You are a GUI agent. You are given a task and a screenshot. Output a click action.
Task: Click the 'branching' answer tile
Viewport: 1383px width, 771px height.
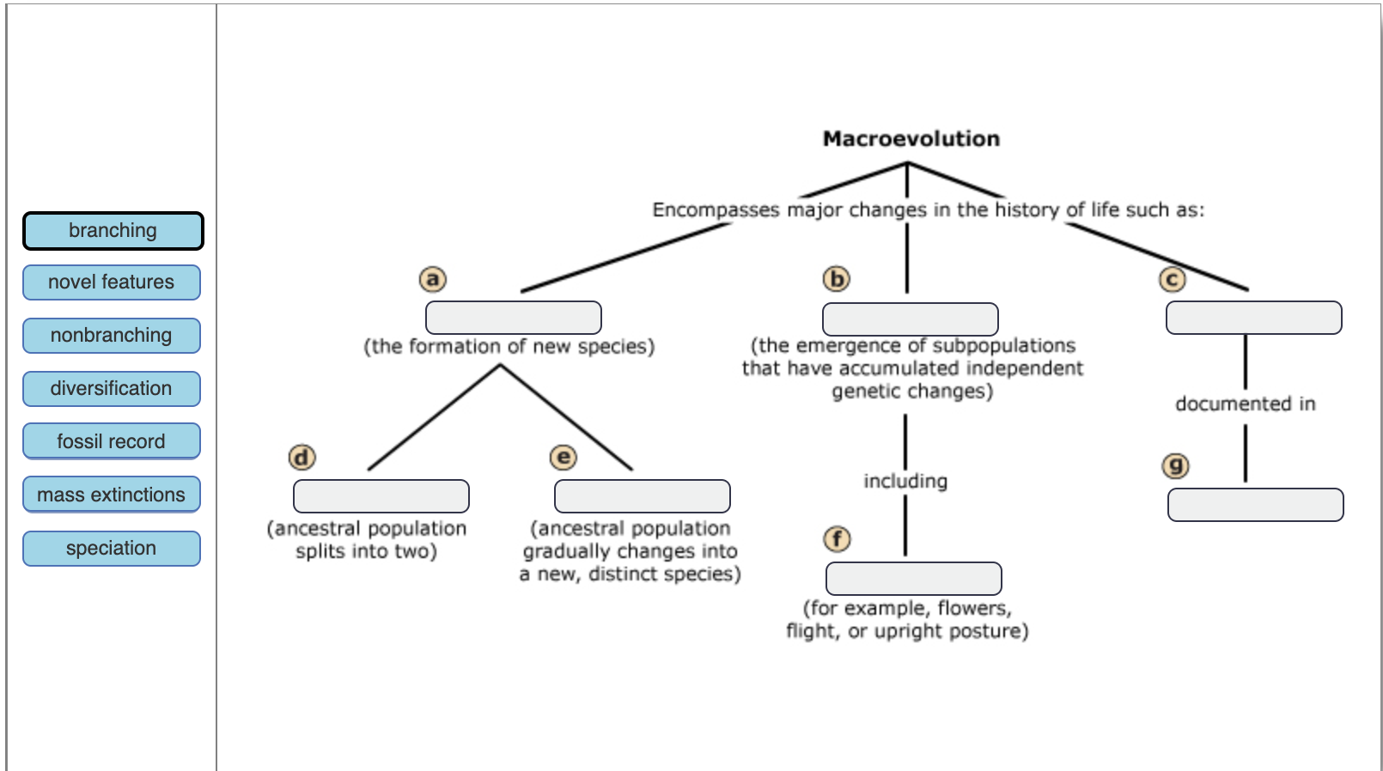(x=113, y=231)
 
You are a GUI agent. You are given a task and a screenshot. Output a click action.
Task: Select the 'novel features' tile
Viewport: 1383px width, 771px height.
(x=112, y=282)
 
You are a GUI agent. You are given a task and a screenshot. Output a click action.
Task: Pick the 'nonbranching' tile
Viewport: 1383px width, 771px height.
(x=112, y=336)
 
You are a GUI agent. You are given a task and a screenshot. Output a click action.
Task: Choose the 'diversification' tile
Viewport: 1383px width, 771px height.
(x=112, y=389)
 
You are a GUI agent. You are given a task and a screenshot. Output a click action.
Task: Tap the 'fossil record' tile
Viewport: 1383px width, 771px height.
(x=112, y=441)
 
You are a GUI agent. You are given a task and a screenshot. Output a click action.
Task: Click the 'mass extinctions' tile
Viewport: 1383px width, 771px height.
(x=112, y=495)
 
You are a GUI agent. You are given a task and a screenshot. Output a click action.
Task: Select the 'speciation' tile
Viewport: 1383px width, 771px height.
(x=112, y=549)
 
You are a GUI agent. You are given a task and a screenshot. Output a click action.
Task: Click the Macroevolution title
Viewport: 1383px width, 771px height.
(x=911, y=139)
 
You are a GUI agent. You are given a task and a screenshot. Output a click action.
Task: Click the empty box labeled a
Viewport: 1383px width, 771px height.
(x=514, y=318)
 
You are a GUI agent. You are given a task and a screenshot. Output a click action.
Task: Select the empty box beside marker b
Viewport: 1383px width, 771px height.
(x=911, y=319)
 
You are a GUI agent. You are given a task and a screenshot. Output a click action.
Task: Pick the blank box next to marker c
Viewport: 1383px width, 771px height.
(x=1253, y=318)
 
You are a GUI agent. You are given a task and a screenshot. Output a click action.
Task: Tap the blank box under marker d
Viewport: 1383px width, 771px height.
(x=381, y=496)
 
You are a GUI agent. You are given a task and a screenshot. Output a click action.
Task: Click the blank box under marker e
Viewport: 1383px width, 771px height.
(x=643, y=496)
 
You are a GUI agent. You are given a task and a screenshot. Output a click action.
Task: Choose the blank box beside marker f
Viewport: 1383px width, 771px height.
(x=914, y=579)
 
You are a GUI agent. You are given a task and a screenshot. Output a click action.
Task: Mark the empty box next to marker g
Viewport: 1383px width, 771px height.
(x=1255, y=505)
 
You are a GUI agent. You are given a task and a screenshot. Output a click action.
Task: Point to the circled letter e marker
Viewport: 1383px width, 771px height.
(x=563, y=458)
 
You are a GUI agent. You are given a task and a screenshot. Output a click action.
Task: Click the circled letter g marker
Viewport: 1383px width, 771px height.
(x=1175, y=466)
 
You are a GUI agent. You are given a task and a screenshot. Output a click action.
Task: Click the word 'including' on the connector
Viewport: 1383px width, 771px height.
(x=905, y=482)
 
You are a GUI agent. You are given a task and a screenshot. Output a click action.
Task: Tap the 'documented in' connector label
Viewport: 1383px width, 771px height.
(x=1245, y=404)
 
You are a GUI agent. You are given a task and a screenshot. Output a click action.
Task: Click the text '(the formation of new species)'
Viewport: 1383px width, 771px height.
(x=509, y=347)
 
